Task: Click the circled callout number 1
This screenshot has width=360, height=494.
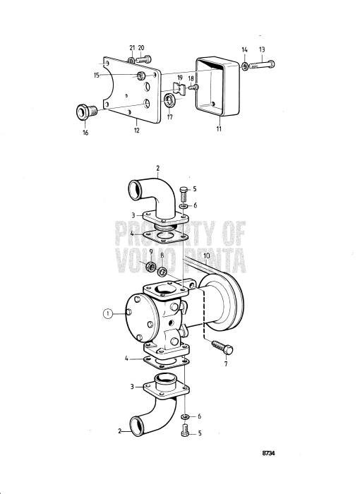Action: point(108,313)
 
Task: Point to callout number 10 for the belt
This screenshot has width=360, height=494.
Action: point(207,255)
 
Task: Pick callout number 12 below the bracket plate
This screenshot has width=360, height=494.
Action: point(137,131)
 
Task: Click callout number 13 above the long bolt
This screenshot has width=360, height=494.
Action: point(262,49)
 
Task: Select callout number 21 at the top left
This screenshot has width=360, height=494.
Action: point(131,47)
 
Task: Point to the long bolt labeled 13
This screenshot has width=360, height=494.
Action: point(260,66)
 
